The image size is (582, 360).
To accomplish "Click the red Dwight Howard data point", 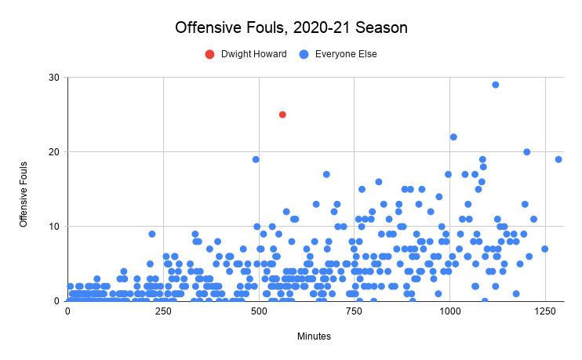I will [282, 115].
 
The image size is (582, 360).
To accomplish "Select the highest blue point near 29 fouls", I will [495, 85].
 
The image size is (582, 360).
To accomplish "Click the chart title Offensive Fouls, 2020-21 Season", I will [291, 28].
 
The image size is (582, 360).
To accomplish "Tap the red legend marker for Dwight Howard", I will [209, 54].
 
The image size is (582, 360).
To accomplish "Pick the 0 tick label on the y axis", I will [56, 301].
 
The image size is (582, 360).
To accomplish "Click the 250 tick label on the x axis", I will [163, 311].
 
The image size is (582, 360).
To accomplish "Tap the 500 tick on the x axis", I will [259, 311].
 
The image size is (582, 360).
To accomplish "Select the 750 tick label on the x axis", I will [355, 311].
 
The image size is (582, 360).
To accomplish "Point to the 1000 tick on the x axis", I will [450, 311].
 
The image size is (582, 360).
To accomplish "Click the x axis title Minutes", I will [314, 336].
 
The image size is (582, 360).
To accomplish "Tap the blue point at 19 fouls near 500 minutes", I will [256, 159].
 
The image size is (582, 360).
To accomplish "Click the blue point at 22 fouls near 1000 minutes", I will [453, 137].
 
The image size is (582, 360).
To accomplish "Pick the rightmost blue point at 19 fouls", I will [558, 159].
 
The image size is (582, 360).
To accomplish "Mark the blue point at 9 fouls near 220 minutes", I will [152, 234].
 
